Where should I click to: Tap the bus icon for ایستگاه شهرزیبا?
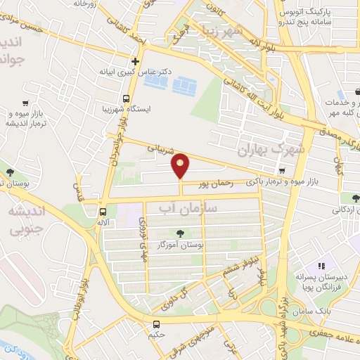pyautogui.click(x=126, y=98)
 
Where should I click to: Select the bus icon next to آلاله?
pyautogui.click(x=103, y=211)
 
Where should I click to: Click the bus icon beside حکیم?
pyautogui.click(x=156, y=324)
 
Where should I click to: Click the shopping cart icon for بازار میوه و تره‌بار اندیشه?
pyautogui.click(x=25, y=102)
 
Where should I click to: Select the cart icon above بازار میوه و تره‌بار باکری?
pyautogui.click(x=282, y=170)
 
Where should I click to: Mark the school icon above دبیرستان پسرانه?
pyautogui.click(x=321, y=266)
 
